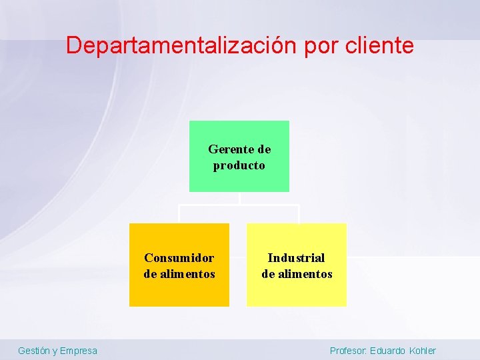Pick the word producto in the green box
coord(239,165)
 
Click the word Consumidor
coord(179,258)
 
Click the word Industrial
coord(297,258)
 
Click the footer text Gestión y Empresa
coord(57,351)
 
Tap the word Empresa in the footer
coord(78,351)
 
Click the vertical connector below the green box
coord(239,198)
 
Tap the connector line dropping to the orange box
coord(179,214)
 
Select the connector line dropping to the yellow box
coord(299,214)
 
